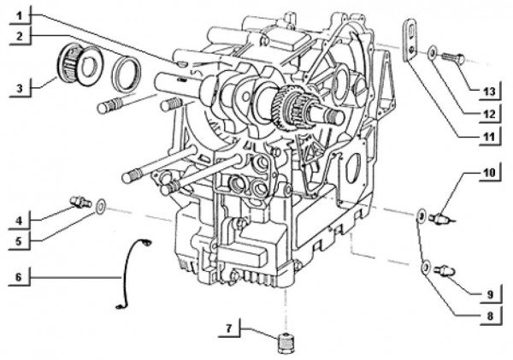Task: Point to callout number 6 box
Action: pyautogui.click(x=19, y=276)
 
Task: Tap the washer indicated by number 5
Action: pyautogui.click(x=101, y=205)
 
